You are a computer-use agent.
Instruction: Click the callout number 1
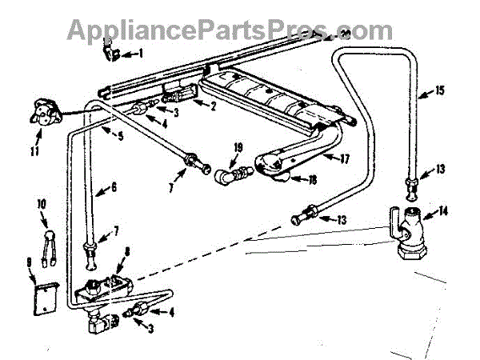[x=141, y=54]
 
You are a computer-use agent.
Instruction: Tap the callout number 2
[x=213, y=105]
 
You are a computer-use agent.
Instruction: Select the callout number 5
[x=120, y=136]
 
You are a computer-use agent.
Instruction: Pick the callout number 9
[x=30, y=261]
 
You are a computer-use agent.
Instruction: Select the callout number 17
[x=345, y=158]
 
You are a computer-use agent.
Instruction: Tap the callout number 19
[x=238, y=148]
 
